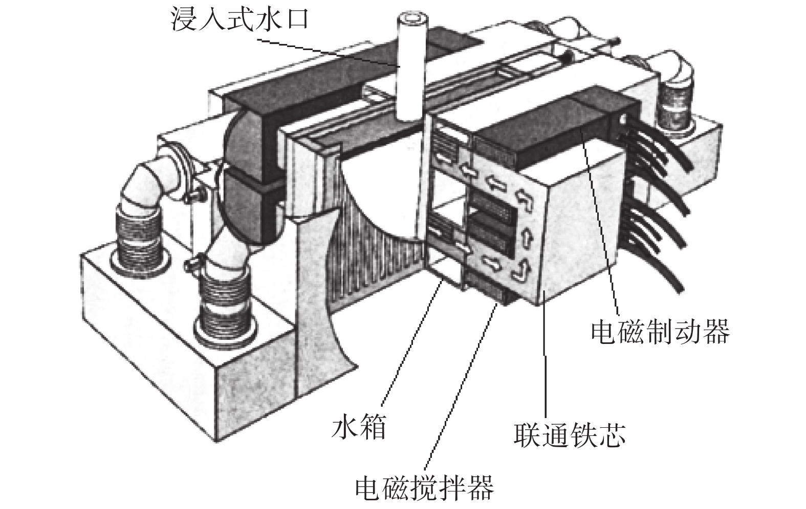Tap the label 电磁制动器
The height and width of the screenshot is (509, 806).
[x=660, y=332]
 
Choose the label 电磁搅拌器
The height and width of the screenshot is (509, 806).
[x=425, y=488]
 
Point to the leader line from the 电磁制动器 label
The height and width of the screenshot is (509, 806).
[x=604, y=220]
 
